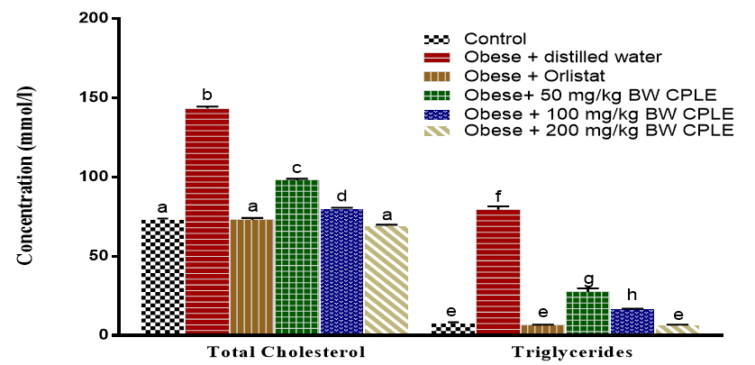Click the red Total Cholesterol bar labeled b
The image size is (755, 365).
[207, 221]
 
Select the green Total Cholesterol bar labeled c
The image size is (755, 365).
[297, 257]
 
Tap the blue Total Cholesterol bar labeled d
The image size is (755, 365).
[342, 271]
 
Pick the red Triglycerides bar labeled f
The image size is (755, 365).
[498, 271]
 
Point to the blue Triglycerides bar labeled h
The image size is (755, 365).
[632, 322]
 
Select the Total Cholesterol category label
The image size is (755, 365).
[287, 351]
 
